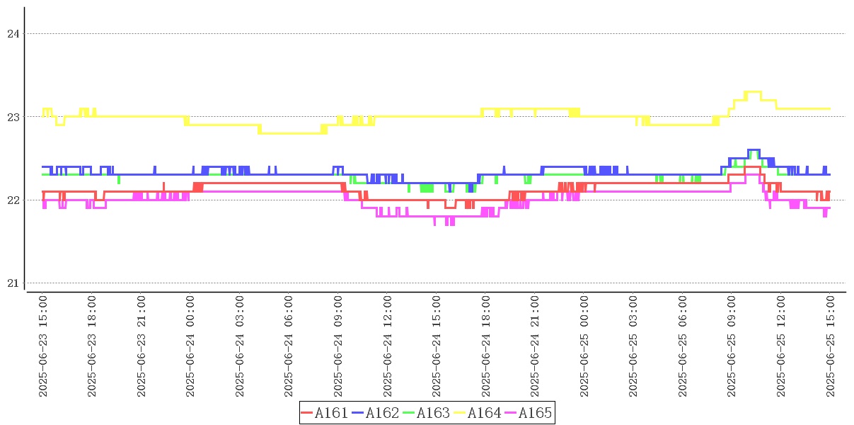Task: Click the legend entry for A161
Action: [324, 413]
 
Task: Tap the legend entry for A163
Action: [426, 413]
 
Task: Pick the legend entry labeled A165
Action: [527, 413]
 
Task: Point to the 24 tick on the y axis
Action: [12, 33]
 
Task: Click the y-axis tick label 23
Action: [12, 117]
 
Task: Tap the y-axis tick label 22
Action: [12, 200]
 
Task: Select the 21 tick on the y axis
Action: [12, 283]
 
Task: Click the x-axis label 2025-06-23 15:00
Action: [43, 346]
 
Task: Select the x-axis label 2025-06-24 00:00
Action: [191, 346]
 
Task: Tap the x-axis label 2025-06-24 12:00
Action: [388, 346]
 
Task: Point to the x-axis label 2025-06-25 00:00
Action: [584, 346]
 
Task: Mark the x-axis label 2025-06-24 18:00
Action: [486, 346]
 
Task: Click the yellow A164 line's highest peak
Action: [752, 91]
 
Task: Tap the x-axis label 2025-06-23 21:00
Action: [142, 346]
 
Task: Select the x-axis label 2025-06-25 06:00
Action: [683, 346]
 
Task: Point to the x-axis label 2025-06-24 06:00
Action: [289, 346]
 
